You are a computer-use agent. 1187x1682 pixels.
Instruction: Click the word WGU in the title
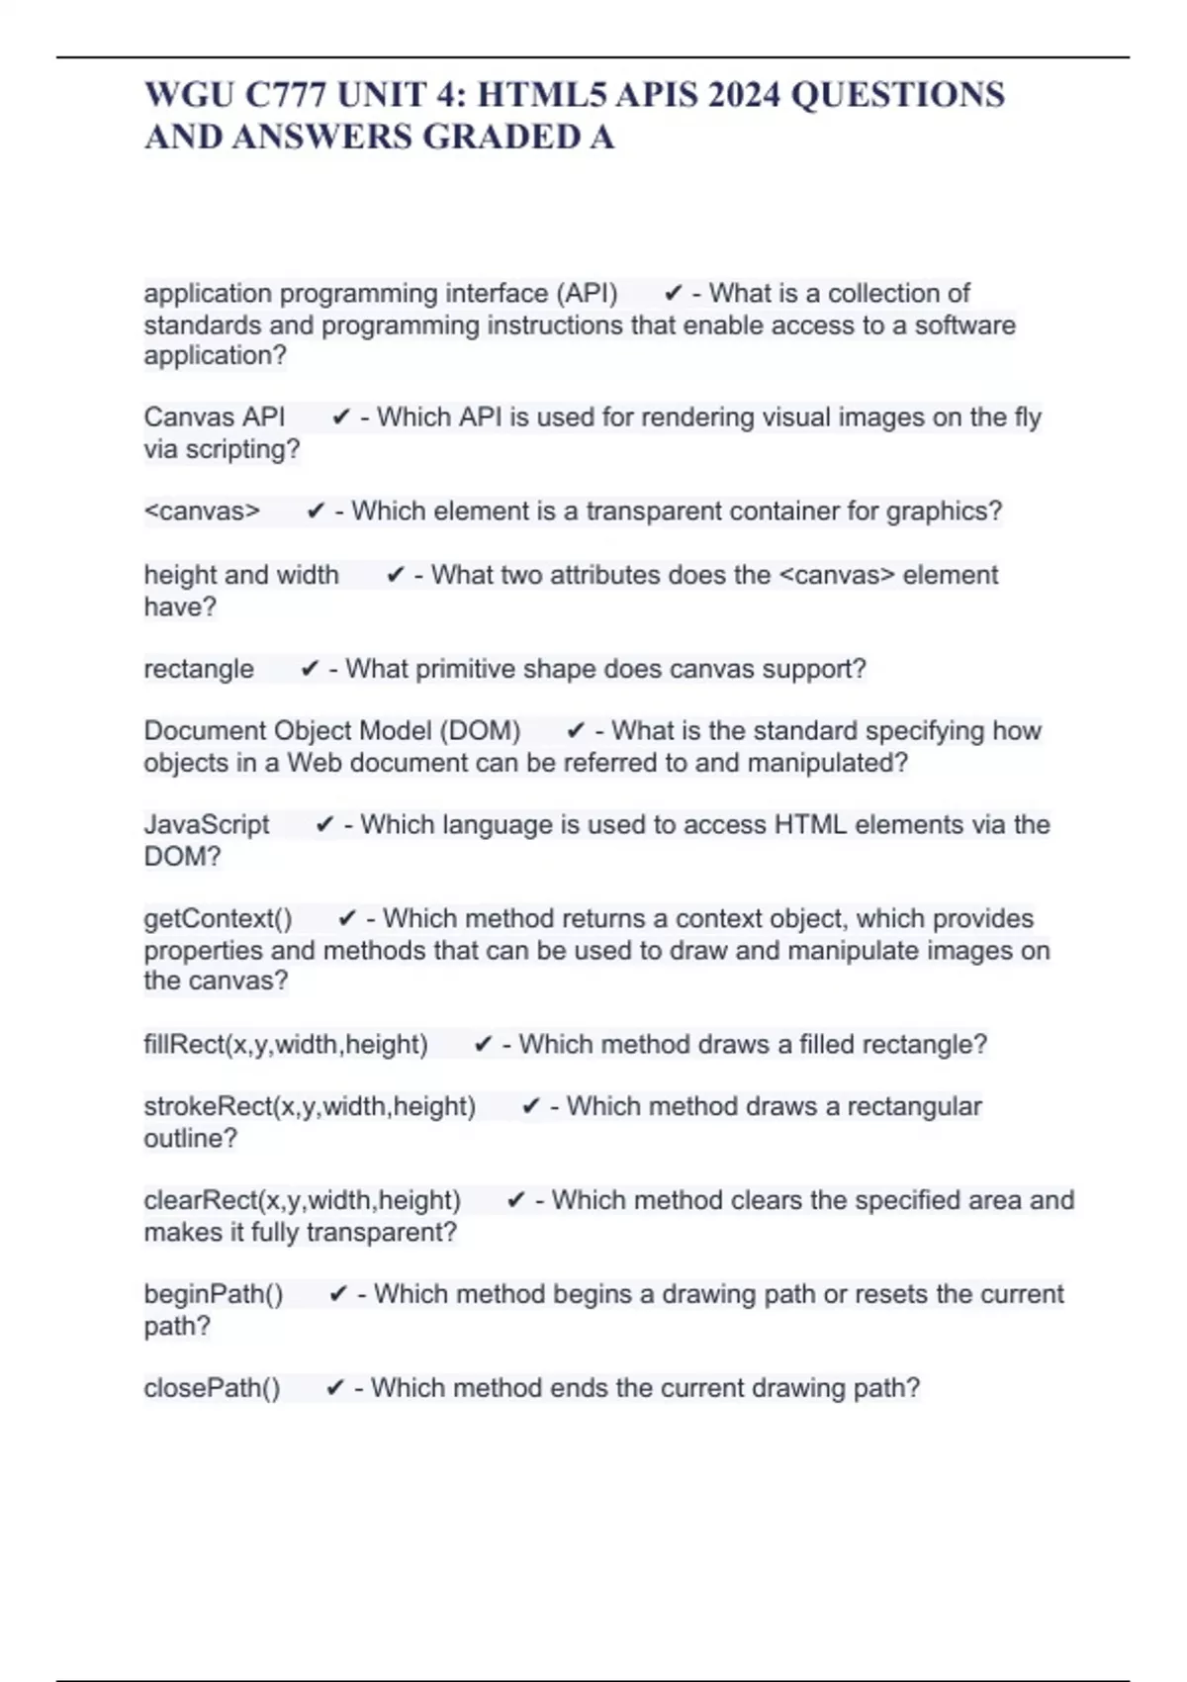[x=188, y=95]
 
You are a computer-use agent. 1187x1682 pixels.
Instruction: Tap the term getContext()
[x=218, y=919]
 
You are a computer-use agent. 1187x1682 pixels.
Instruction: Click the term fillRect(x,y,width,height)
[x=286, y=1045]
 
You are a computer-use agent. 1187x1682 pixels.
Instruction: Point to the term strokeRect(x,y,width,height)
[x=310, y=1107]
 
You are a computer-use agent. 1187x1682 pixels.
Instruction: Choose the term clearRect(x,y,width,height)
[x=303, y=1201]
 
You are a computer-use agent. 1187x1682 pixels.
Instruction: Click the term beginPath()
[x=214, y=1295]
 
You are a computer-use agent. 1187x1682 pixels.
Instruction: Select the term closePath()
[x=212, y=1389]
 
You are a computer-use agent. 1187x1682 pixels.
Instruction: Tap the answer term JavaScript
[x=207, y=825]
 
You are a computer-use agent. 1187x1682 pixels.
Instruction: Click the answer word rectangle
[x=199, y=670]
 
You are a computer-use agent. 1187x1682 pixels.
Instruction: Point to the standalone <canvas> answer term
[x=202, y=512]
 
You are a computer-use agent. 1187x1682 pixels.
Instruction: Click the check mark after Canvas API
[x=341, y=418]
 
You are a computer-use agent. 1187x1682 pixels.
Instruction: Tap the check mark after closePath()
[x=335, y=1389]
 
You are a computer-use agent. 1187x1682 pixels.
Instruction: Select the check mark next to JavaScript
[x=324, y=825]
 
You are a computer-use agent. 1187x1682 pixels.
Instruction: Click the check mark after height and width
[x=396, y=575]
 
